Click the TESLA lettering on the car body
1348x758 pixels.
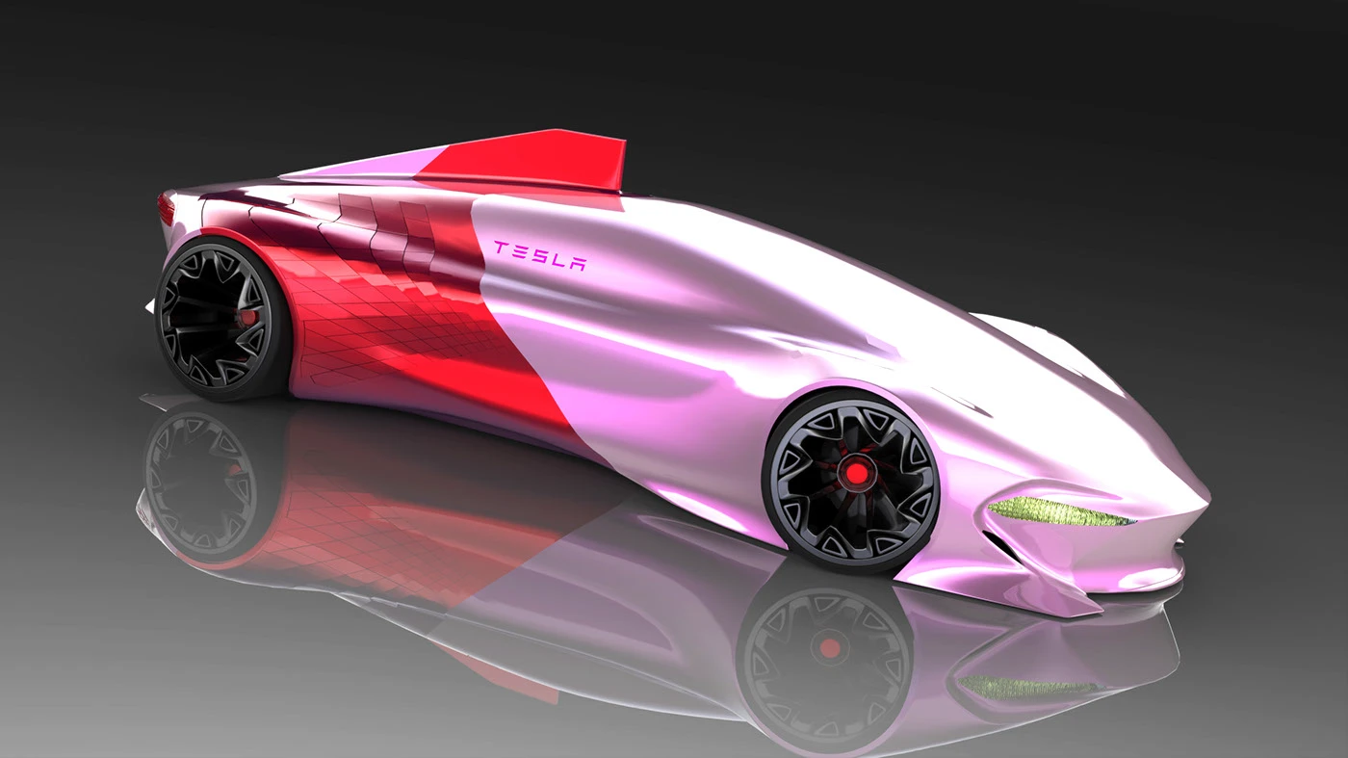click(540, 255)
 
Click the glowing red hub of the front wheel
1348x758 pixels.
click(855, 474)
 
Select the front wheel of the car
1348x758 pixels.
click(850, 479)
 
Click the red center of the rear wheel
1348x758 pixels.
click(246, 317)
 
